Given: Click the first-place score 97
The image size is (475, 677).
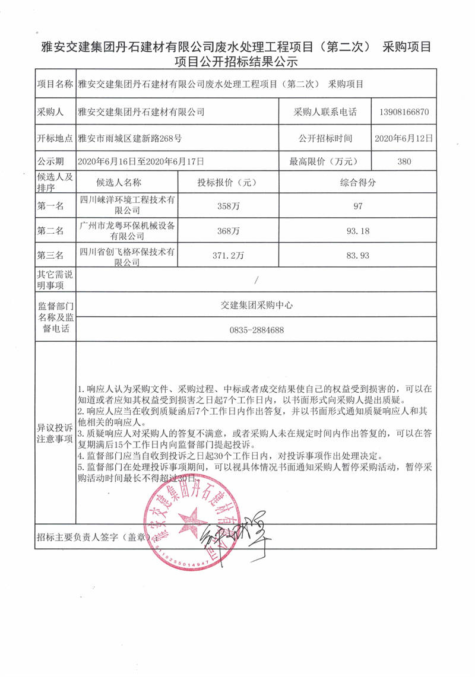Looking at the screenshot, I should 357,206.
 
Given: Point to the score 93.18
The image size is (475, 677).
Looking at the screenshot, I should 357,230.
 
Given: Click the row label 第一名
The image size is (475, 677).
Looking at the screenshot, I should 50,206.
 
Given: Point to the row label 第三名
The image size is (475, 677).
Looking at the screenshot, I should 50,255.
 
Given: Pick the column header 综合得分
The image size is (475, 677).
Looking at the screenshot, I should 357,183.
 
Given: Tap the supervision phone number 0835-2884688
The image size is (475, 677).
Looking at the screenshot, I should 256,330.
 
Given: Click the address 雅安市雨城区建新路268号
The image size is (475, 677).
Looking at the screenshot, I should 130,138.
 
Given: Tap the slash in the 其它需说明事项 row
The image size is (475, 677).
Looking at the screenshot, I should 256,279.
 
